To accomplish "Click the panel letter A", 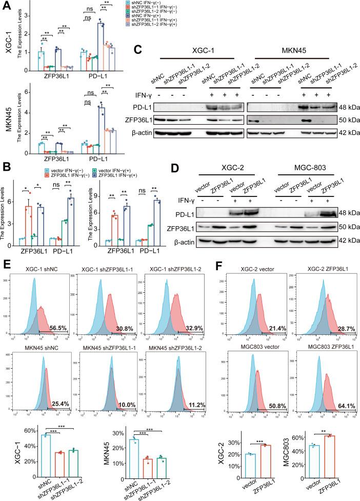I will [6, 6].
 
